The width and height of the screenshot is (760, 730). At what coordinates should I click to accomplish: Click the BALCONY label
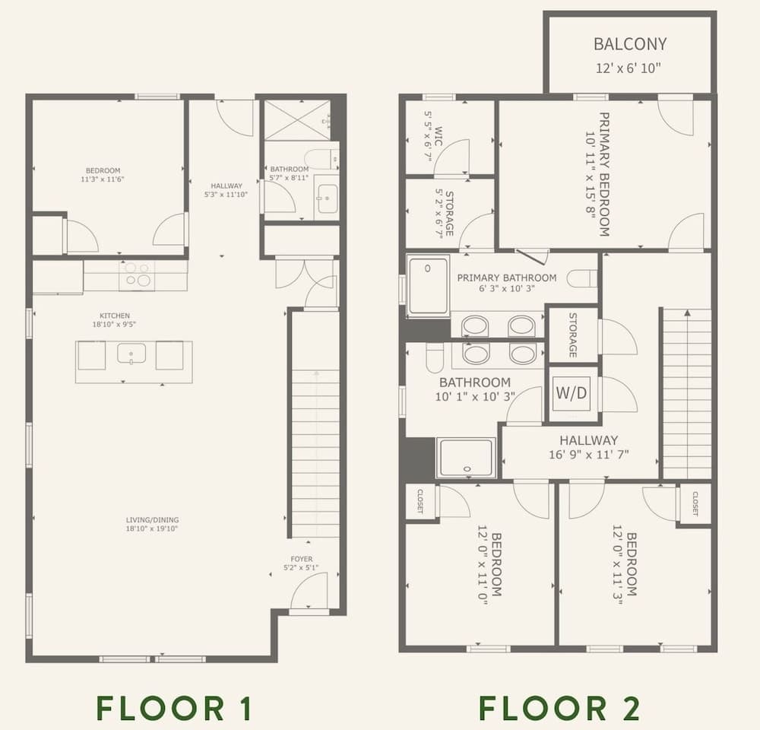coord(629,44)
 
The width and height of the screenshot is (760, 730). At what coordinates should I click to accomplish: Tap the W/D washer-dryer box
coord(572,392)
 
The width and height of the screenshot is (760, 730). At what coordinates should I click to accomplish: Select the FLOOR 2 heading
coord(560,708)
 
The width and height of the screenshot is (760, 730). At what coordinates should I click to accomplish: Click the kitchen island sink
coord(131,354)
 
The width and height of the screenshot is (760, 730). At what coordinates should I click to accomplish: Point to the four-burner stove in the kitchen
coord(137,275)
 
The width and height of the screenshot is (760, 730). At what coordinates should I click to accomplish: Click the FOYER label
coord(302,559)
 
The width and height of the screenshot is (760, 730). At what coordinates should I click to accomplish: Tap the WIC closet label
coord(439,136)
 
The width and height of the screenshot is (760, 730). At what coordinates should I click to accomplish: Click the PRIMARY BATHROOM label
coord(506,278)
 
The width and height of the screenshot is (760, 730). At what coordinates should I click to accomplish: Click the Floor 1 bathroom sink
coord(327,198)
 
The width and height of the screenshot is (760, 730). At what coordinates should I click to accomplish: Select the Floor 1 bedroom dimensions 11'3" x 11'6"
coord(103,179)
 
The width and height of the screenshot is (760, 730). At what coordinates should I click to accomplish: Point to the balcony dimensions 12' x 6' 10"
coord(629,68)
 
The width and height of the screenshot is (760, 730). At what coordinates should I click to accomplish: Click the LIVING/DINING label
coord(152,520)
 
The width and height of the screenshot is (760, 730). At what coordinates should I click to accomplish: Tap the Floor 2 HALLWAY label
coord(589,440)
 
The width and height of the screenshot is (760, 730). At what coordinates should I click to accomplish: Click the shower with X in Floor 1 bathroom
coord(297,120)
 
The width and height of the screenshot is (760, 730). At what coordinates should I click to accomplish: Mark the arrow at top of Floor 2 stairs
coord(687,313)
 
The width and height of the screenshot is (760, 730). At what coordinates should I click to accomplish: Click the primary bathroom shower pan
coord(429,286)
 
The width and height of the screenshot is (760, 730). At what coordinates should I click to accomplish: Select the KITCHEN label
coord(115,316)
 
